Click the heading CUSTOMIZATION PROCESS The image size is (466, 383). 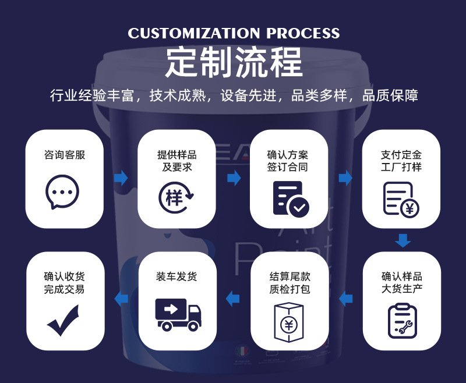point(234,33)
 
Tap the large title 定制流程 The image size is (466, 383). point(234,62)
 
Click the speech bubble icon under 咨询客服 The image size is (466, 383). point(62,191)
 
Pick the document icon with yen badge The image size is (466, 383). point(401,199)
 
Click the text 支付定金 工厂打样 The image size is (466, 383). point(401,161)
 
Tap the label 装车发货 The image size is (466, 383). point(176,276)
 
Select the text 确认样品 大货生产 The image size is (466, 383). point(402,282)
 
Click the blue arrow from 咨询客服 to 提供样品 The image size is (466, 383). point(121,178)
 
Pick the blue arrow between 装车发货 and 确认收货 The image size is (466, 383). point(121,299)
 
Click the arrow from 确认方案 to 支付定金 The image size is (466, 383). point(345,178)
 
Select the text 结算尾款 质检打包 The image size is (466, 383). point(290,282)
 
